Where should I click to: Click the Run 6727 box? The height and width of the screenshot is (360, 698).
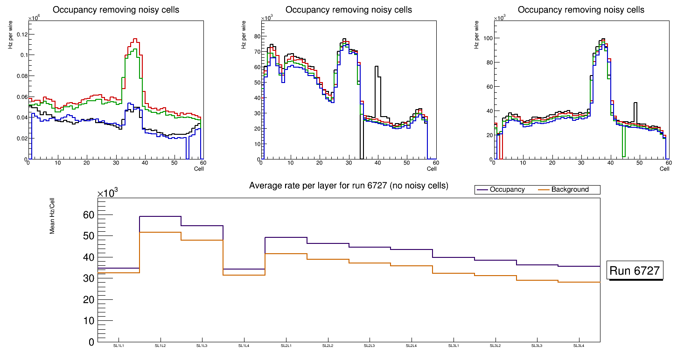coord(635,271)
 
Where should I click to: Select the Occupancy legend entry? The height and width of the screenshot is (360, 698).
coord(507,190)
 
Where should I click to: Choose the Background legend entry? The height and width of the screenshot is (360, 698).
coord(570,190)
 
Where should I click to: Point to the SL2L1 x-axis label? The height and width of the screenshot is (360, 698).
coord(286,346)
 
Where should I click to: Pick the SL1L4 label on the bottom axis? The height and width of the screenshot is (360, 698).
coord(244,346)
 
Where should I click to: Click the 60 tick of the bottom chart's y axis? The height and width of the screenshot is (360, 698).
coord(88,215)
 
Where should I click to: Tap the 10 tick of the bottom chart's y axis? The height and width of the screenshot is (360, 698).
coord(88,321)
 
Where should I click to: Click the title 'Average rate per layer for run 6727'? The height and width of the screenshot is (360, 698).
coord(349,186)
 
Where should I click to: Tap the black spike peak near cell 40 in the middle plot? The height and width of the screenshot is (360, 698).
coord(377,67)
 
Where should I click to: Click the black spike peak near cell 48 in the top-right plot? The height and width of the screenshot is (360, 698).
coord(635,103)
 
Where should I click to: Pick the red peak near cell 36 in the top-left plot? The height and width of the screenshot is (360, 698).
coord(135,39)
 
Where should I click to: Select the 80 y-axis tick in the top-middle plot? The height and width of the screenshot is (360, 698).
coord(255,35)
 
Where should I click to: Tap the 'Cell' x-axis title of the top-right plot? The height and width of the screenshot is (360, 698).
coord(665,169)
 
